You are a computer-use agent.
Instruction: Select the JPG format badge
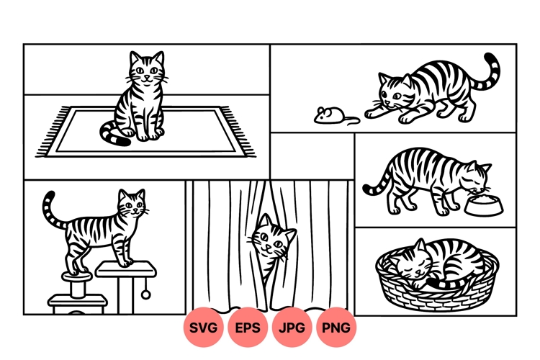point(292,328)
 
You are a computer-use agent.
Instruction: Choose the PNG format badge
point(336,328)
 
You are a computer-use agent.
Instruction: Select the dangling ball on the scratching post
point(146,294)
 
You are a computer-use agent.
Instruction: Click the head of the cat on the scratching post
point(132,205)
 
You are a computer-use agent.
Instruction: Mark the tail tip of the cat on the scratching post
point(49,197)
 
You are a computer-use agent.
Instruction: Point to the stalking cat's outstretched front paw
point(372,114)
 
